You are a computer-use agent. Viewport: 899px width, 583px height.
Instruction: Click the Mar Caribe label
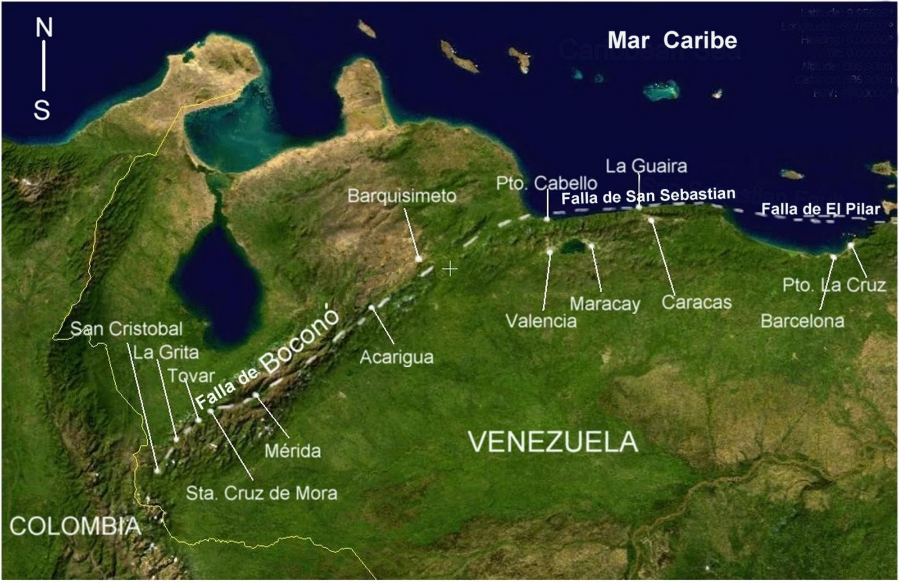pos(672,40)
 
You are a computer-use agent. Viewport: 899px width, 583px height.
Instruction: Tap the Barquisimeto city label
pos(401,196)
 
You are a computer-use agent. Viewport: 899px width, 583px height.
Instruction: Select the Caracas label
pos(696,302)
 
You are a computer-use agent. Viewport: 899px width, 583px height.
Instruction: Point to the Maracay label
pos(605,304)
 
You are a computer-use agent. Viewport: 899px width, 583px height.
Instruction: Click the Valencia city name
pos(541,321)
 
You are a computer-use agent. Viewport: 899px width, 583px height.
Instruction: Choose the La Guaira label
pos(646,166)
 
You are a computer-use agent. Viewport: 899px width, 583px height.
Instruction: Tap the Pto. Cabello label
pos(546,183)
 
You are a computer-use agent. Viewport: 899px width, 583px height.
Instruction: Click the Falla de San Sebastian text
pos(648,196)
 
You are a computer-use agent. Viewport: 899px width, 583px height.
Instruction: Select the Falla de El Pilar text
pos(820,209)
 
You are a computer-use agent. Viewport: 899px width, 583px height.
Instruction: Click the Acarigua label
pos(396,357)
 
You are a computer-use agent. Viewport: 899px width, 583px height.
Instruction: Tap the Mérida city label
pos(292,450)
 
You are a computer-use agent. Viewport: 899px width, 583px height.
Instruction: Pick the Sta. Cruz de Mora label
pos(262,493)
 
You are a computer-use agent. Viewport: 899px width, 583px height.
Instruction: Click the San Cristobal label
pos(126,329)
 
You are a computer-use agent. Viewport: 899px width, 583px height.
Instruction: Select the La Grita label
pos(166,352)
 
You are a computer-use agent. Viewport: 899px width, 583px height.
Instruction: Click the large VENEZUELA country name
pos(553,442)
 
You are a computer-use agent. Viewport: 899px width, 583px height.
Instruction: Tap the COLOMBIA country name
pos(75,526)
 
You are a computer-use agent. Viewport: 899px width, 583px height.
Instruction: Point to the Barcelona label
pos(802,321)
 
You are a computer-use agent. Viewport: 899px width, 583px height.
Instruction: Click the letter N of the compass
pos(44,28)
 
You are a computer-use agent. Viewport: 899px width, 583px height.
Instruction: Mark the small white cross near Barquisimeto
pos(449,269)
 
